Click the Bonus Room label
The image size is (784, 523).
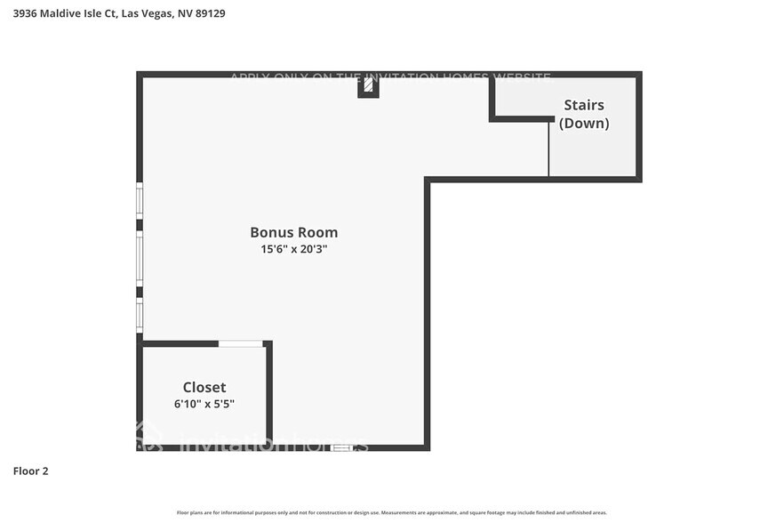[293, 233]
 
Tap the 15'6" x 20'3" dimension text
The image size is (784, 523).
[293, 250]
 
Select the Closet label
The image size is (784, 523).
[204, 388]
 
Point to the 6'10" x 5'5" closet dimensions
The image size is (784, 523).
[204, 404]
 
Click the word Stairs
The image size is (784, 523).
[584, 106]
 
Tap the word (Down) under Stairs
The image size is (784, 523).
[584, 124]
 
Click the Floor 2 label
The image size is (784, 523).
[30, 471]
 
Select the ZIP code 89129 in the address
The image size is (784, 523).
[206, 13]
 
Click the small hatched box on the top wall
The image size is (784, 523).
[368, 86]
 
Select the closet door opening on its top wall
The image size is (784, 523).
[241, 343]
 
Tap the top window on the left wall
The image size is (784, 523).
[140, 198]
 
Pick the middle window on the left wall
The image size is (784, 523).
[140, 259]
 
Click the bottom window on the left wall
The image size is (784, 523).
[140, 314]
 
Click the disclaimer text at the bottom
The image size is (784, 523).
[392, 512]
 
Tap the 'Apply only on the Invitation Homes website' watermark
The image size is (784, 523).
[390, 77]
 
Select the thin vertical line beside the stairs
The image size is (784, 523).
[548, 149]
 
